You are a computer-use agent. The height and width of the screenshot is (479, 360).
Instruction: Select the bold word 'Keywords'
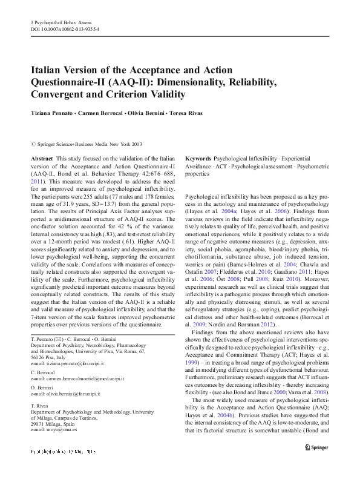(198, 157)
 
